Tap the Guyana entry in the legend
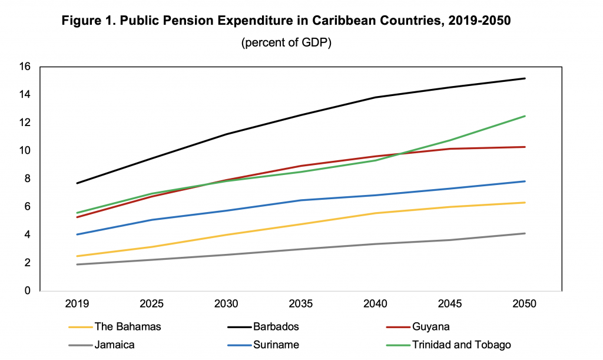pyautogui.click(x=432, y=326)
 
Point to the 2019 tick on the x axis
pyautogui.click(x=78, y=305)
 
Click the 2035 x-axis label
pyautogui.click(x=301, y=305)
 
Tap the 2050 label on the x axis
pyautogui.click(x=524, y=305)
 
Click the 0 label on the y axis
pyautogui.click(x=26, y=290)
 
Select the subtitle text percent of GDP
pyautogui.click(x=286, y=44)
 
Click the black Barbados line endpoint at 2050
pyautogui.click(x=524, y=78)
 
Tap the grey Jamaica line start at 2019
pyautogui.click(x=78, y=265)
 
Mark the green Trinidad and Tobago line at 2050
pyautogui.click(x=524, y=116)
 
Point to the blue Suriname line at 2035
pyautogui.click(x=301, y=200)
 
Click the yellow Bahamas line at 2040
pyautogui.click(x=375, y=213)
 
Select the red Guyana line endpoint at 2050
pyautogui.click(x=524, y=147)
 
